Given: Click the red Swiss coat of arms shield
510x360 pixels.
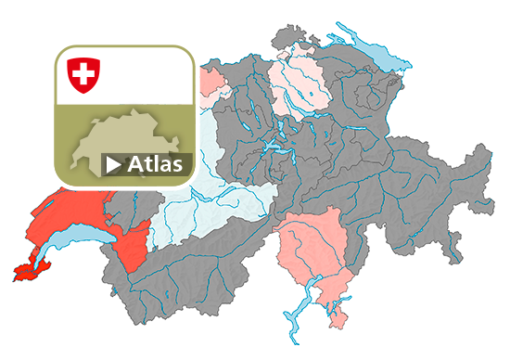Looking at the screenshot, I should tap(83, 73).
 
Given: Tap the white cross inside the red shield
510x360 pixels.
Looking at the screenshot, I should tap(83, 71).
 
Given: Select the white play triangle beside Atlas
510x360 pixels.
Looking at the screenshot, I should tap(113, 165).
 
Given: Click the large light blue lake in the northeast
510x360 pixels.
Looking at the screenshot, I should tap(376, 56).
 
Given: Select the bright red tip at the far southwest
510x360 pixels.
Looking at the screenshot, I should tap(26, 273).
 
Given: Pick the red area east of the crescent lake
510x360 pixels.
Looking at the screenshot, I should tap(134, 246).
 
